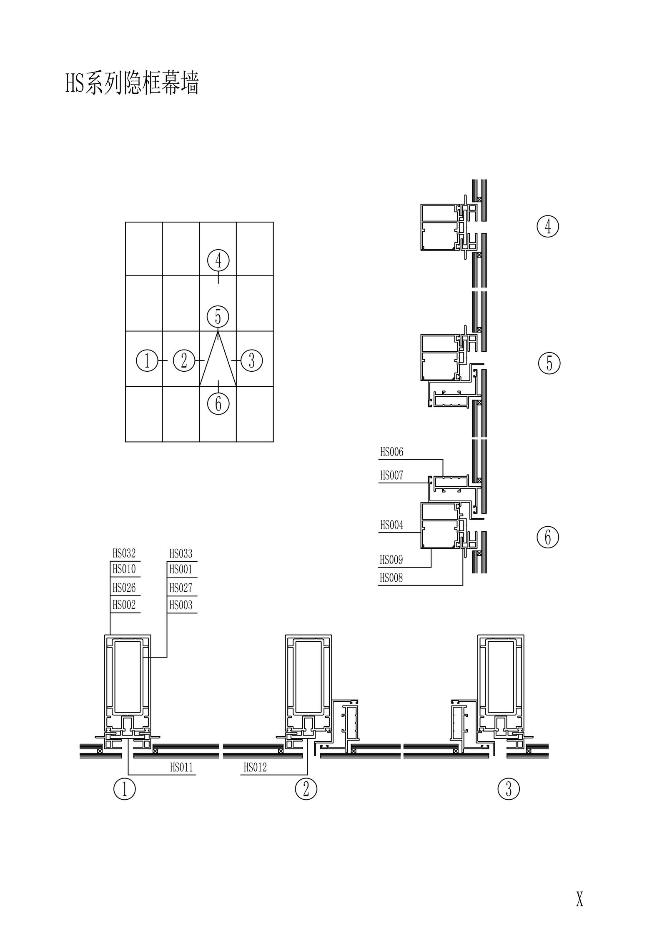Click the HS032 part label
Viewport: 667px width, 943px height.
pyautogui.click(x=124, y=553)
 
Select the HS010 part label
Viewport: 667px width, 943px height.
pyautogui.click(x=124, y=569)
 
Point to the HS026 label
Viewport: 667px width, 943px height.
pyautogui.click(x=124, y=588)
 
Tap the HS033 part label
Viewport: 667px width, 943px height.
pyautogui.click(x=181, y=554)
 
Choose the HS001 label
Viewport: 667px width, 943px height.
pyautogui.click(x=181, y=569)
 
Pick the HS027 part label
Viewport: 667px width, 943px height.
pyautogui.click(x=181, y=588)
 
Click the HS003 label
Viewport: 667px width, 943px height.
pyautogui.click(x=181, y=605)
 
